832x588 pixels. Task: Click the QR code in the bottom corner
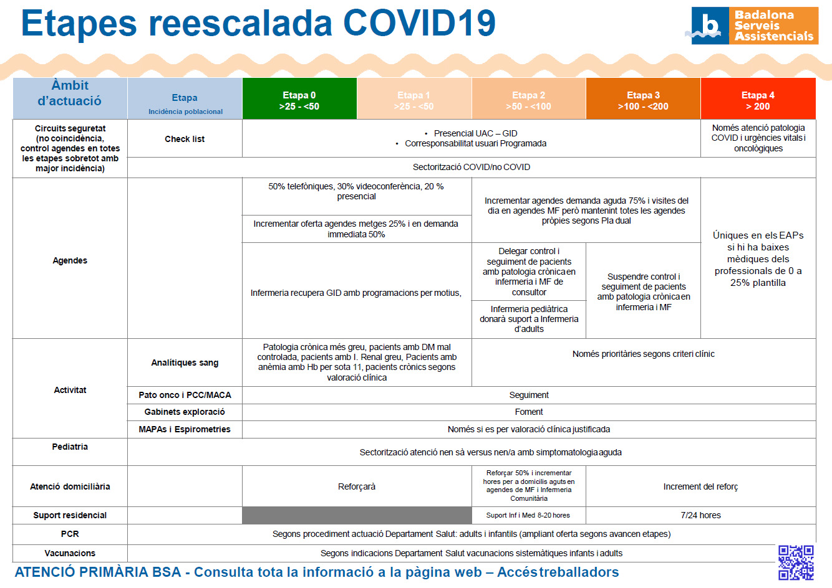(x=796, y=562)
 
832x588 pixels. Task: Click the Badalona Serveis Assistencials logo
(x=755, y=26)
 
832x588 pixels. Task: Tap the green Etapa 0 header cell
(x=299, y=98)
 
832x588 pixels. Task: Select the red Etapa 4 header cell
(x=758, y=98)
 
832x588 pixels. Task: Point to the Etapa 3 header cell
(x=643, y=98)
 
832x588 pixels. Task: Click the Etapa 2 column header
(x=529, y=98)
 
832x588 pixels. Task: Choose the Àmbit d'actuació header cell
(x=70, y=98)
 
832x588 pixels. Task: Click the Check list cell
(x=185, y=139)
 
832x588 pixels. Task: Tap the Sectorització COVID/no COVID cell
(x=472, y=168)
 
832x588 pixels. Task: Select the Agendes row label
(x=70, y=260)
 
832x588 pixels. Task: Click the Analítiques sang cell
(x=185, y=363)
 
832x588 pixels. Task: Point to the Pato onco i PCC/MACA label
(x=185, y=395)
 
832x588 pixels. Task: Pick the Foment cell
(x=529, y=412)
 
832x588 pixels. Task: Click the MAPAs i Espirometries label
(x=185, y=429)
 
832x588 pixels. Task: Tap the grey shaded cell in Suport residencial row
(x=357, y=515)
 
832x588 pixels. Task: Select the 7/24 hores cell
(x=700, y=515)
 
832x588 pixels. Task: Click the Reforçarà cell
(x=357, y=486)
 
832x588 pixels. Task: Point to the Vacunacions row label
(x=70, y=553)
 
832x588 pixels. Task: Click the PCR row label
(x=70, y=534)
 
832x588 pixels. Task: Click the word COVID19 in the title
(x=419, y=23)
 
